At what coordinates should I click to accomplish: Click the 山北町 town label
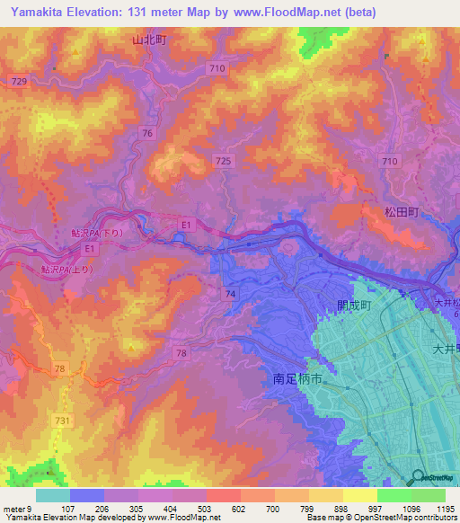coord(150,40)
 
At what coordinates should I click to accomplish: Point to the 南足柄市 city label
coord(296,380)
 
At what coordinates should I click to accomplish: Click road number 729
coord(20,82)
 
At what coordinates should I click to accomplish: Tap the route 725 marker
coord(224,160)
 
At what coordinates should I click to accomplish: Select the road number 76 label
coord(146,133)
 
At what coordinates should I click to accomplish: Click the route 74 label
coord(231,294)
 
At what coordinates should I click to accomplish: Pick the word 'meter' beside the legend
coord(15,509)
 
